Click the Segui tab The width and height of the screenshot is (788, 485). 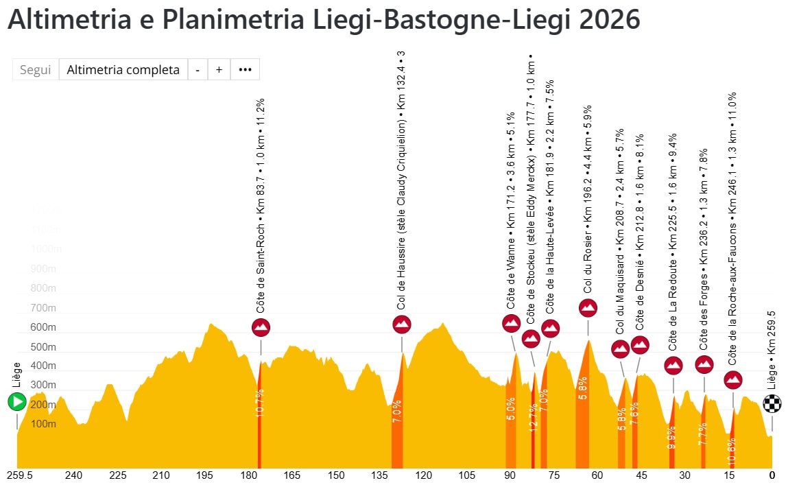(x=36, y=69)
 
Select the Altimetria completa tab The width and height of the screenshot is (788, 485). (x=123, y=69)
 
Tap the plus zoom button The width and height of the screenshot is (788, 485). (x=219, y=69)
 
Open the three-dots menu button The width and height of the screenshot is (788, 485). (x=245, y=69)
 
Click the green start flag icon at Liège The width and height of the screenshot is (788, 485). (x=17, y=402)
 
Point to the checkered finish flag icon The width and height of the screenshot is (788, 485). (x=772, y=403)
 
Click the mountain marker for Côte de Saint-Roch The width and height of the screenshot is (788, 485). (x=261, y=327)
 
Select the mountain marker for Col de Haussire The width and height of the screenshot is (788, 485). (x=402, y=324)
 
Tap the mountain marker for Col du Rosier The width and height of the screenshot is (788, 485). (x=588, y=308)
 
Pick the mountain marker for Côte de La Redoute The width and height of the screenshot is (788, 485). (x=673, y=366)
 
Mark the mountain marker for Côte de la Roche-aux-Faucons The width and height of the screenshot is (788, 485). (x=733, y=379)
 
